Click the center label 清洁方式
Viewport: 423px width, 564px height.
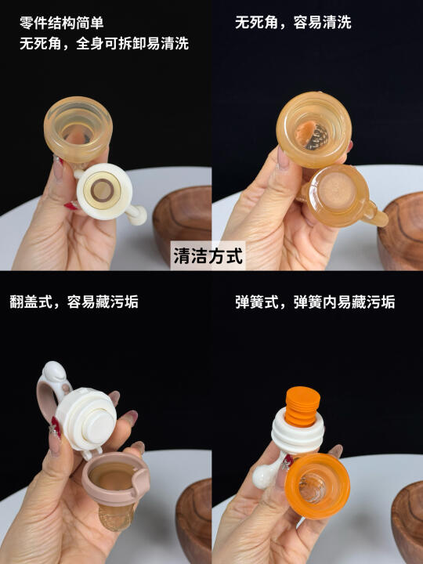(208, 255)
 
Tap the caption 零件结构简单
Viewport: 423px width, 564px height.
(62, 23)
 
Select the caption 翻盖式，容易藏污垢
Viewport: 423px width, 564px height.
(74, 302)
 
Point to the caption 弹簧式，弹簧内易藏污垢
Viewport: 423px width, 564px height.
(315, 302)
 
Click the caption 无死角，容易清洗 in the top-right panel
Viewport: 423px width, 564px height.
(293, 22)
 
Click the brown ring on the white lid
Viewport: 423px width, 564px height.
(102, 190)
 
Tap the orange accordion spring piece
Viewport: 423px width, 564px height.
(302, 407)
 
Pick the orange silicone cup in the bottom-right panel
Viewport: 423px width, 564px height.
(317, 485)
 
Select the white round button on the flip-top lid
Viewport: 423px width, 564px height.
(98, 425)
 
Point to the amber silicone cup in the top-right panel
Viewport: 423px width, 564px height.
(314, 129)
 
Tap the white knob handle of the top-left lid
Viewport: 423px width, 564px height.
(136, 215)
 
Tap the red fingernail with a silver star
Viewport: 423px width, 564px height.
(56, 428)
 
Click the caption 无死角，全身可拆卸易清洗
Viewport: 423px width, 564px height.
(104, 44)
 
